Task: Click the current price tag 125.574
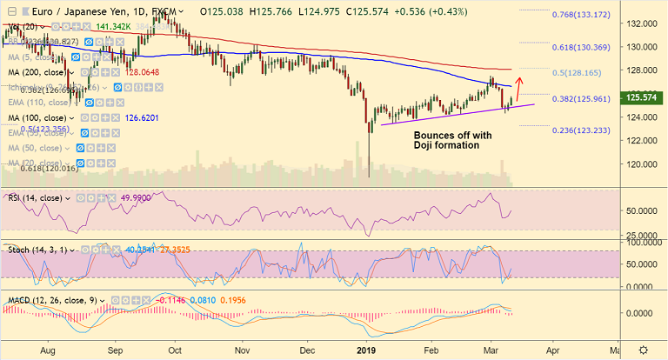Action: pos(643,99)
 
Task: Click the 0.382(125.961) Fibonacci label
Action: pos(589,97)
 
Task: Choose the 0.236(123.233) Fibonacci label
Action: pos(589,129)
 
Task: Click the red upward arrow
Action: pos(519,88)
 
